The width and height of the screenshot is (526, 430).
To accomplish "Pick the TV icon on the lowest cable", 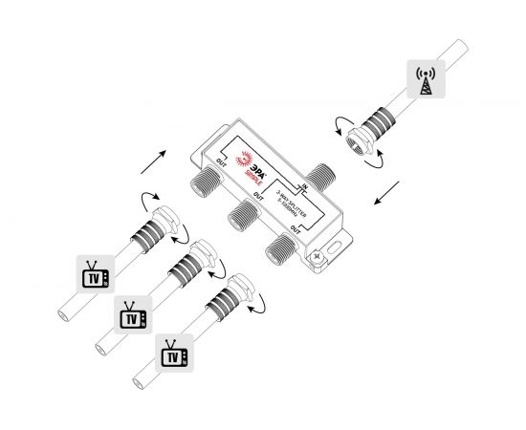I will pyautogui.click(x=171, y=355).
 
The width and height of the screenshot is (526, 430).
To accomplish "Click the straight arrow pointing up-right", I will pyautogui.click(x=153, y=161).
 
